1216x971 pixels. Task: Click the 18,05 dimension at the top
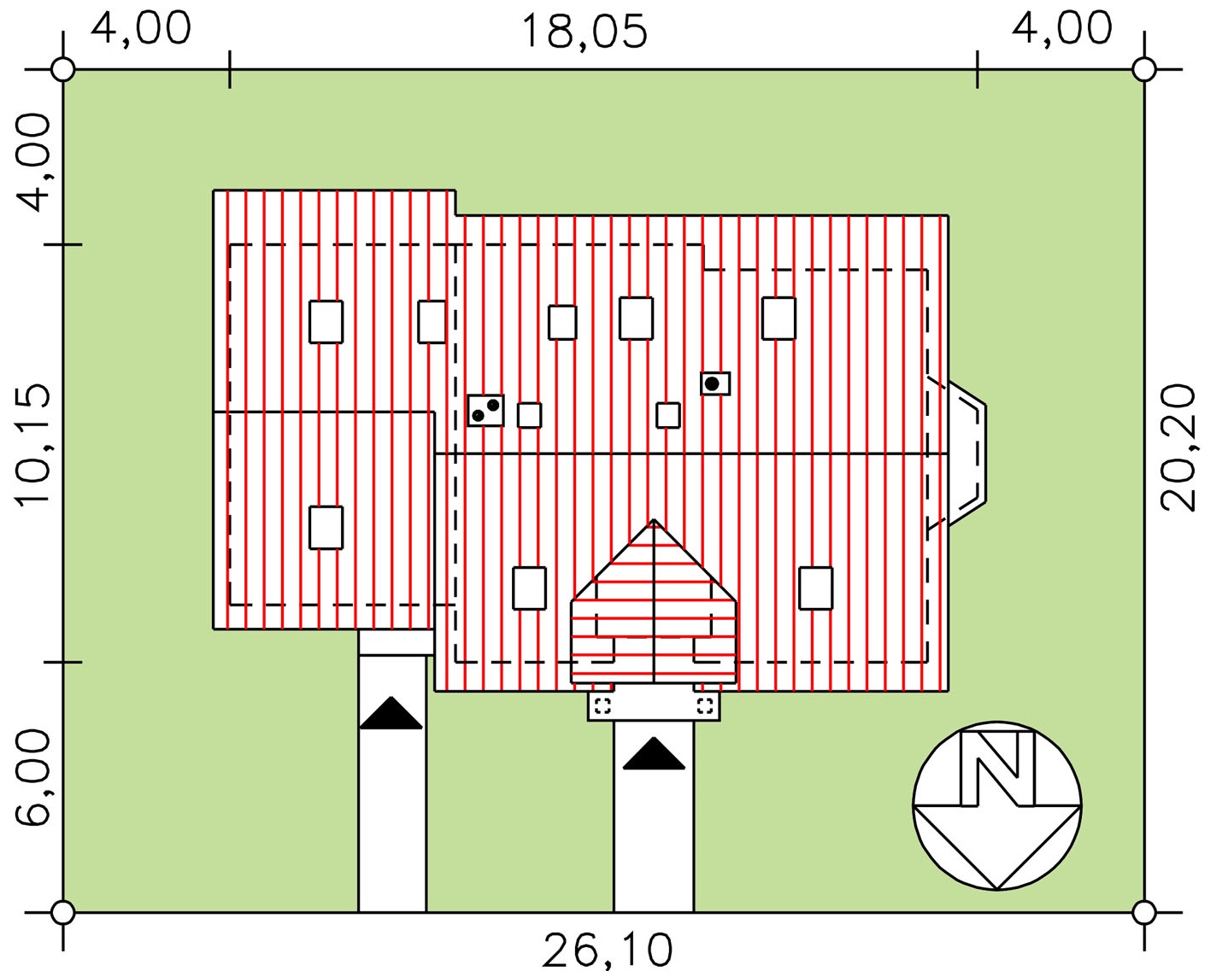click(x=585, y=32)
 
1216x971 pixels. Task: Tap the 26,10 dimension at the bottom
click(x=608, y=951)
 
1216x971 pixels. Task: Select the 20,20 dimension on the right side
click(x=1178, y=448)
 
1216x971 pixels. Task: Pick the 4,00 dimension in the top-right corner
click(x=1061, y=28)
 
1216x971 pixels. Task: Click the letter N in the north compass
click(x=998, y=769)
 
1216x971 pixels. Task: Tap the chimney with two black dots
click(x=486, y=411)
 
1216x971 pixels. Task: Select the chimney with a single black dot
click(x=715, y=383)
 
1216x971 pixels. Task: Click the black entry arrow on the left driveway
click(x=391, y=713)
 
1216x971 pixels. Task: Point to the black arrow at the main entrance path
click(x=654, y=753)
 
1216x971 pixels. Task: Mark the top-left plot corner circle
click(x=62, y=70)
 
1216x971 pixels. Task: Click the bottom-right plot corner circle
click(x=1145, y=912)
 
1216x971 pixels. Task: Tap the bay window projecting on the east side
click(x=967, y=453)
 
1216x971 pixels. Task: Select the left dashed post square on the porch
click(x=603, y=705)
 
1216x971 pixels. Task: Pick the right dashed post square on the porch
click(x=705, y=705)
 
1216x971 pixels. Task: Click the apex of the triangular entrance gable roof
click(x=654, y=520)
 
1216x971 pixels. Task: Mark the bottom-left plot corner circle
click(x=62, y=912)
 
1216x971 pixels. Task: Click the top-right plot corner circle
click(x=1145, y=70)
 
